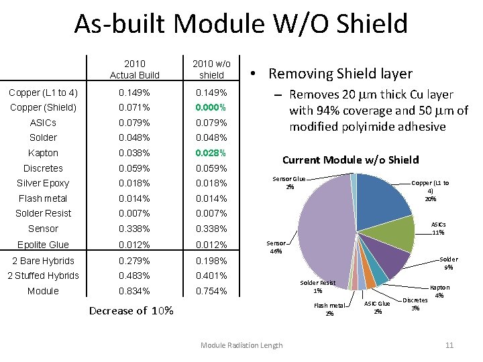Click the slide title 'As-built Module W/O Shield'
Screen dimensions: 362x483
coord(241,24)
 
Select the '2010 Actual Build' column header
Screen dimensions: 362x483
coord(135,69)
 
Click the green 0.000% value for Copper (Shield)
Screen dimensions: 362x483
coord(210,107)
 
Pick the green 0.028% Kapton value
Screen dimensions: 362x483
coord(210,153)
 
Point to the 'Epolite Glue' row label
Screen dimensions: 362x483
coord(43,245)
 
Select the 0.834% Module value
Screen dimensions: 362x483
coord(135,291)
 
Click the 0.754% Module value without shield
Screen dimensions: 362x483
coord(210,291)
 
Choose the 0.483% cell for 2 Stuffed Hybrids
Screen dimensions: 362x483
coord(135,276)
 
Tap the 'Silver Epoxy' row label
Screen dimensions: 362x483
coord(43,183)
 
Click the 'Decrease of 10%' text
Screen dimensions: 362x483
coord(131,310)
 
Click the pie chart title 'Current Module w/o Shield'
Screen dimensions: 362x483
coord(350,160)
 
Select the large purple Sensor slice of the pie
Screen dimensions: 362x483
coord(322,228)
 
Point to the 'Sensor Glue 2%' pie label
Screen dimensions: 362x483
coord(289,182)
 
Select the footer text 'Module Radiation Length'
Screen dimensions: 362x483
coord(241,345)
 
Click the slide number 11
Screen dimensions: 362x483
coord(449,345)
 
